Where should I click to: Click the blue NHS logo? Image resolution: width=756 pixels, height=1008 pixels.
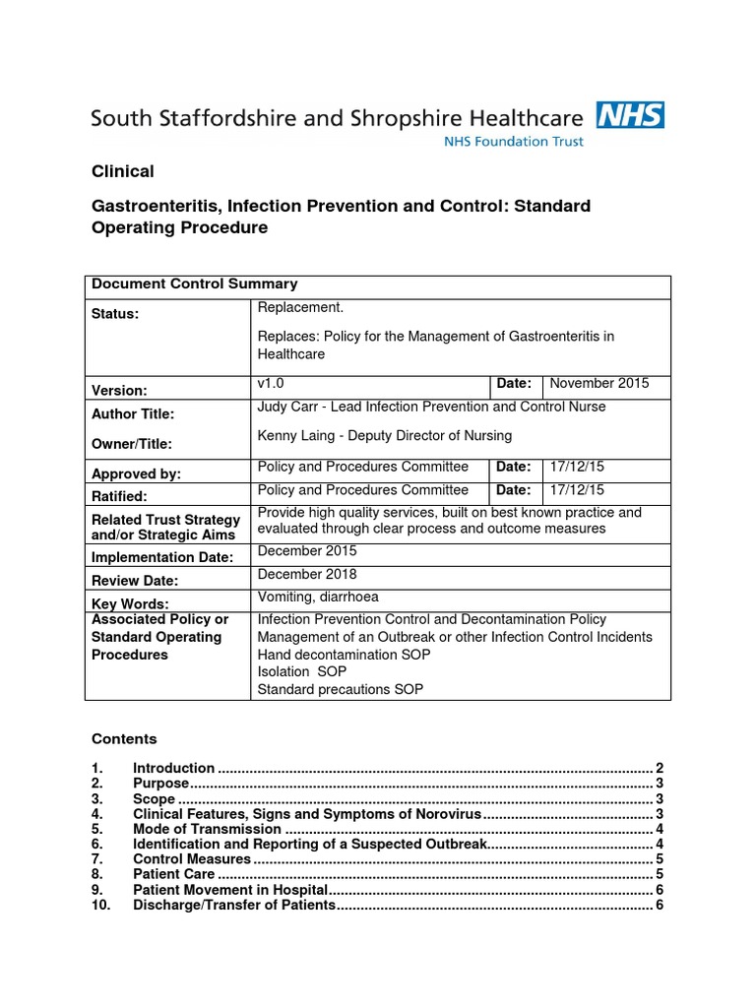click(630, 116)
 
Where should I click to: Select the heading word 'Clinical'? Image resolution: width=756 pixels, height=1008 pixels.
click(123, 171)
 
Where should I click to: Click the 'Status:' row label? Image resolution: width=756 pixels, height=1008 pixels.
click(115, 314)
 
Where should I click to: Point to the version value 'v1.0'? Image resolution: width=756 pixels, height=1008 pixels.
click(271, 384)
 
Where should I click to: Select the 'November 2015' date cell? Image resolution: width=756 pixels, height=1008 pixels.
click(598, 384)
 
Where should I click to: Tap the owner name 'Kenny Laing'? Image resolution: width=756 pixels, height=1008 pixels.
click(294, 435)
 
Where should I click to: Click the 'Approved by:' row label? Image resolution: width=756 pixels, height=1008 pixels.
click(136, 473)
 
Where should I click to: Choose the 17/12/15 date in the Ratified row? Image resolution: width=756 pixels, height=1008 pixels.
click(578, 489)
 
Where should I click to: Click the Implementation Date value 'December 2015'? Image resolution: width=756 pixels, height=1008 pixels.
click(307, 551)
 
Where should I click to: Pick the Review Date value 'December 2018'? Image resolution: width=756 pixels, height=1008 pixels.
click(307, 574)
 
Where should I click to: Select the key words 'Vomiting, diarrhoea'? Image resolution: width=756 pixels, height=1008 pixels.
click(318, 597)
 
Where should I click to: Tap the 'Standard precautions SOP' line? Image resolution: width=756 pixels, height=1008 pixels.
click(341, 689)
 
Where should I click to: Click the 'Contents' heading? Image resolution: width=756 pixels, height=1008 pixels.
click(124, 738)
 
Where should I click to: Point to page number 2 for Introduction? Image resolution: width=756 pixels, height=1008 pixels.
click(660, 768)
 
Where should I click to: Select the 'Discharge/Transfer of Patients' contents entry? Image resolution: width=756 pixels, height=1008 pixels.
click(234, 905)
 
